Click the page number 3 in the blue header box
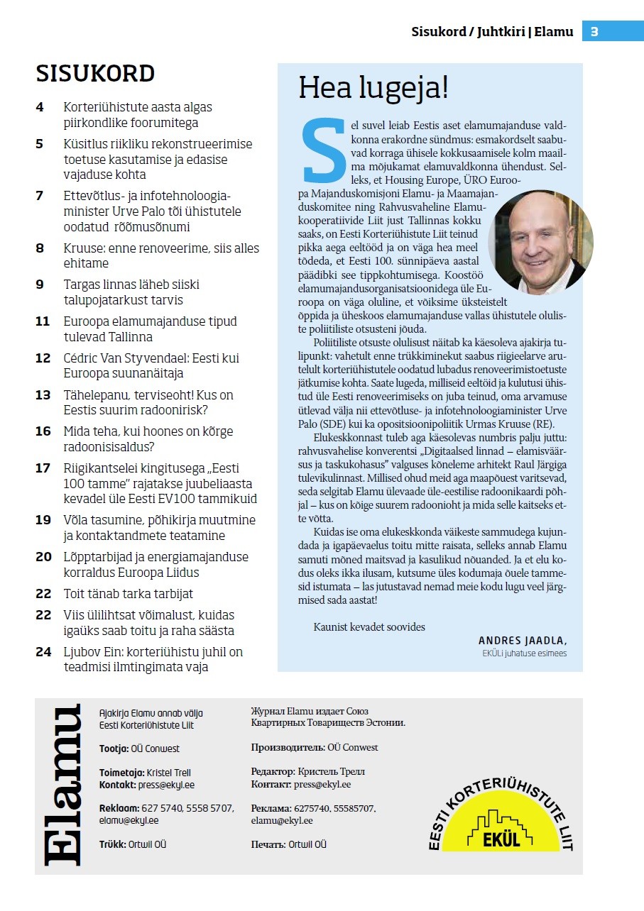(595, 32)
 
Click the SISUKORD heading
(95, 74)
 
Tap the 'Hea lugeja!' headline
(373, 88)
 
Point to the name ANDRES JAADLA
(522, 640)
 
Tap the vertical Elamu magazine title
(62, 785)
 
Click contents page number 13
(43, 395)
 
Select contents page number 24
(43, 652)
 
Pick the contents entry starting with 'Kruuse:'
(161, 256)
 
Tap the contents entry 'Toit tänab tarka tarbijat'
(129, 594)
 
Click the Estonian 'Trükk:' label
(113, 844)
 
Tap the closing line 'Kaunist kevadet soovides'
(369, 627)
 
